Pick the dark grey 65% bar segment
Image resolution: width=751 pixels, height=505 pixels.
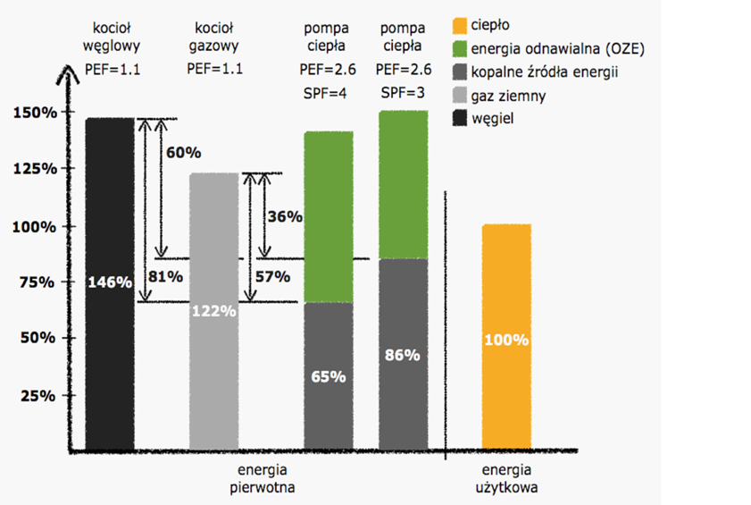pyautogui.click(x=330, y=375)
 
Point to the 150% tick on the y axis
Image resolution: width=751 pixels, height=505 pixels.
pyautogui.click(x=35, y=113)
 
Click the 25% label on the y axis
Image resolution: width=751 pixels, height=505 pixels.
pyautogui.click(x=35, y=395)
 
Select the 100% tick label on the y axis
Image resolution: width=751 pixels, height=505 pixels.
pyautogui.click(x=35, y=225)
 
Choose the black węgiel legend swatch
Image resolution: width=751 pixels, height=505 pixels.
pyautogui.click(x=460, y=118)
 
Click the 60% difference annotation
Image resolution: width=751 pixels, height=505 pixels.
pyautogui.click(x=182, y=153)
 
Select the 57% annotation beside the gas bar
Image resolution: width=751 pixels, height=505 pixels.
pyautogui.click(x=273, y=276)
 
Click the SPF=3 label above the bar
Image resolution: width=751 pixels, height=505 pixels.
pyautogui.click(x=403, y=93)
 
